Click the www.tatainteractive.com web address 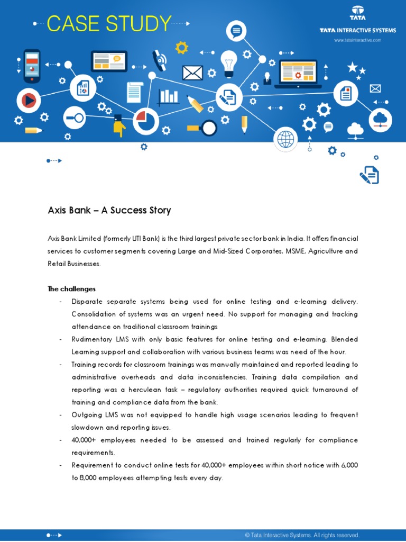point(357,40)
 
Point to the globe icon point(285,139)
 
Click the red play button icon point(29,100)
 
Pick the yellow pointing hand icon point(120,128)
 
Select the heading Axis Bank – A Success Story point(109,210)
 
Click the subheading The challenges point(71,288)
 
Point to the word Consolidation point(97,314)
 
